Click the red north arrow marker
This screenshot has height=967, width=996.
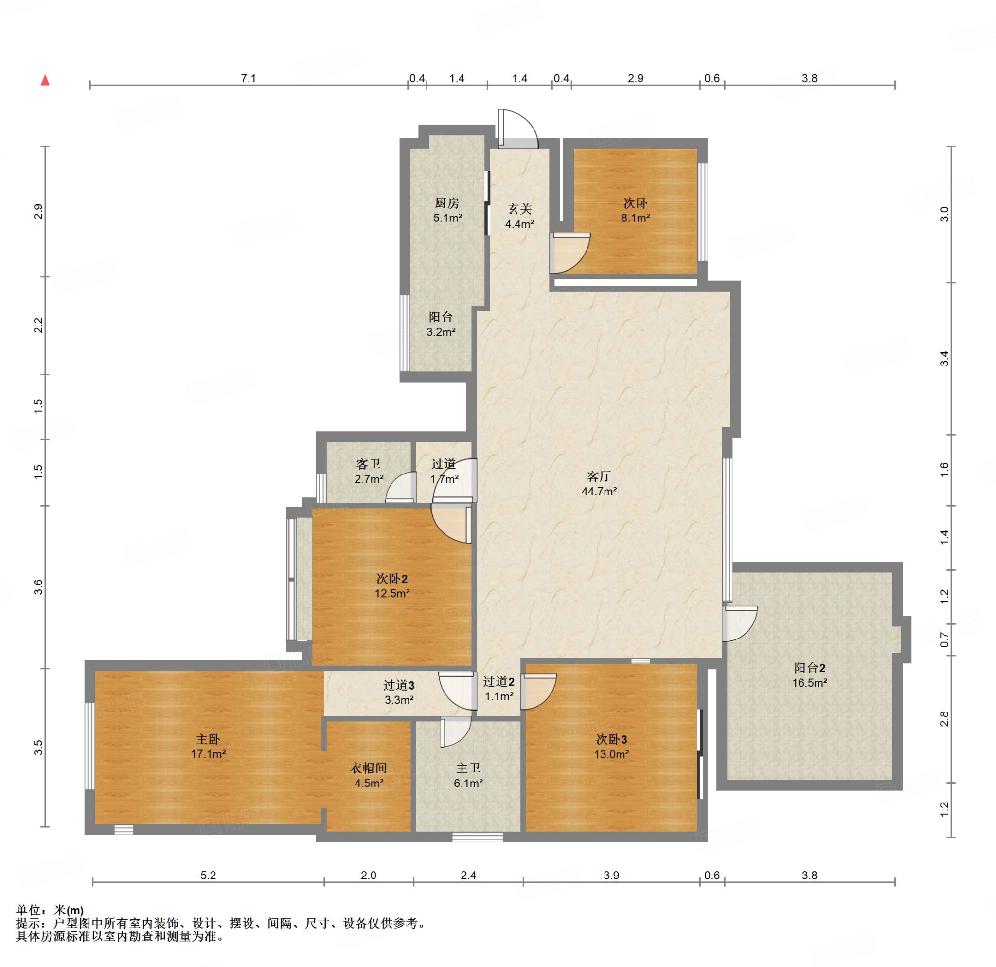pyautogui.click(x=45, y=80)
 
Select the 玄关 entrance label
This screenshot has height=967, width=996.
pyautogui.click(x=519, y=208)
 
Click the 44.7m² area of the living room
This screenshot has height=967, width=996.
pyautogui.click(x=599, y=491)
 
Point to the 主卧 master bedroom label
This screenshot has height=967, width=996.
pyautogui.click(x=208, y=739)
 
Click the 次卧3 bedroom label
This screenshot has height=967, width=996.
pyautogui.click(x=611, y=739)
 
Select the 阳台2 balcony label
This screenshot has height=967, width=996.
pyautogui.click(x=810, y=668)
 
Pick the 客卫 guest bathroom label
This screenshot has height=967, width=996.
pyautogui.click(x=369, y=464)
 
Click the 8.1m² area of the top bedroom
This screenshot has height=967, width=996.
pyautogui.click(x=635, y=218)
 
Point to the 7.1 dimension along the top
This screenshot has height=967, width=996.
pyautogui.click(x=248, y=78)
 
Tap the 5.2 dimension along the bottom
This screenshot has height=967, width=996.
pyautogui.click(x=208, y=875)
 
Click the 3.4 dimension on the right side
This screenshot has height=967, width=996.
pyautogui.click(x=944, y=359)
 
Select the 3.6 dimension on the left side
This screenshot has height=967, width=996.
pyautogui.click(x=38, y=587)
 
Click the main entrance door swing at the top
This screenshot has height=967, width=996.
pyautogui.click(x=518, y=128)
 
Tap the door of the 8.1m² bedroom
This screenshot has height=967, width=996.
pyautogui.click(x=570, y=253)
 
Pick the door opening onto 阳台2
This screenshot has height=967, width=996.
pyautogui.click(x=740, y=623)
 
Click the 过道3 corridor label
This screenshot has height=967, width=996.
pyautogui.click(x=398, y=685)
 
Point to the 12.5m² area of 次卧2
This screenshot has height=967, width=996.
pyautogui.click(x=392, y=593)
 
